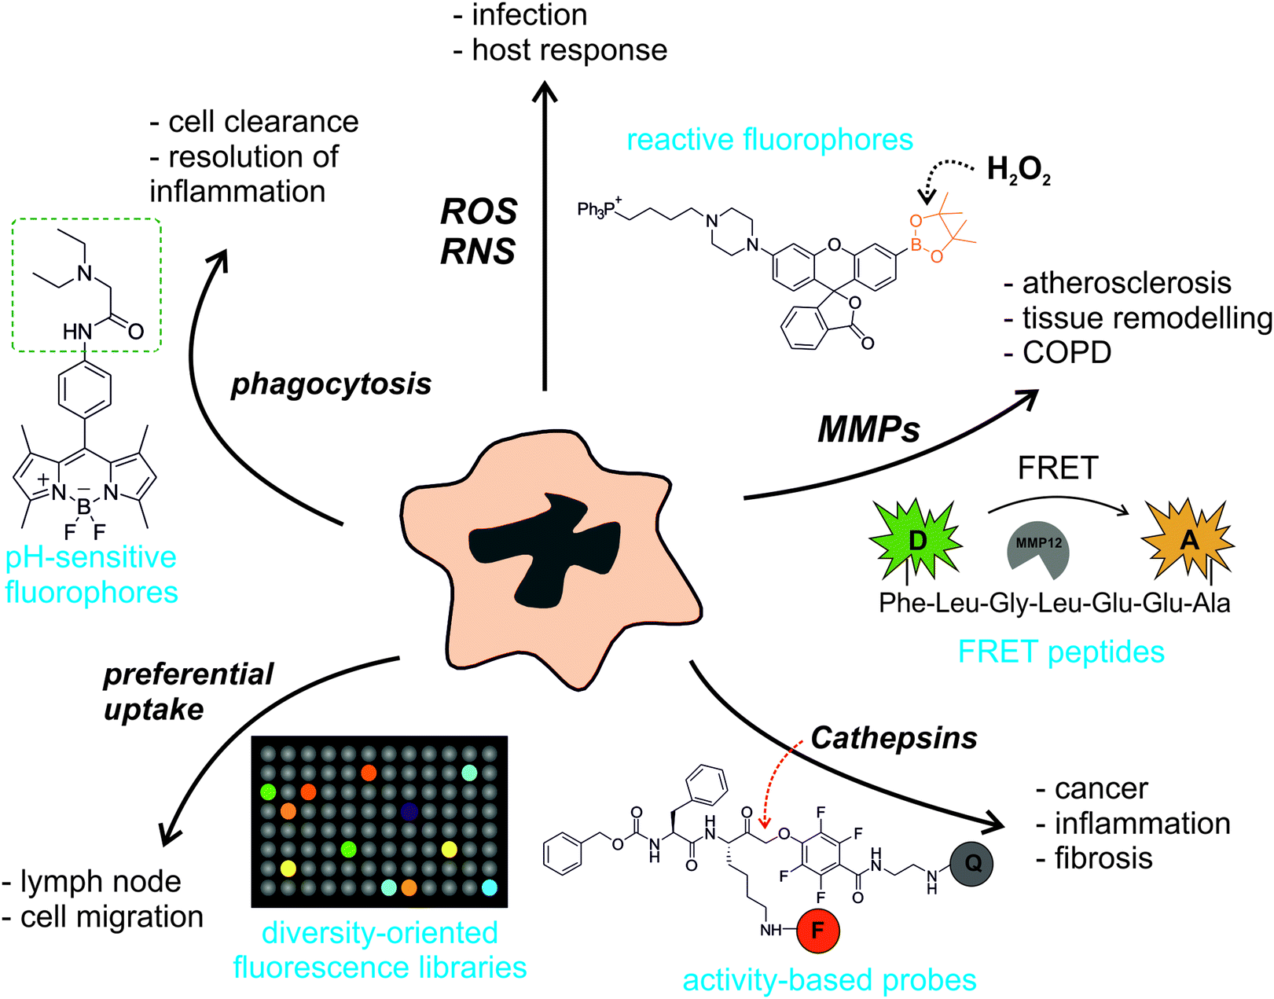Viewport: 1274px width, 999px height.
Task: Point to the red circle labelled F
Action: pyautogui.click(x=817, y=931)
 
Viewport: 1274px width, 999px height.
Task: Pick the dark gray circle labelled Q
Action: pyautogui.click(x=971, y=863)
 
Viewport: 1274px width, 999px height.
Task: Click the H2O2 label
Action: pyautogui.click(x=1018, y=170)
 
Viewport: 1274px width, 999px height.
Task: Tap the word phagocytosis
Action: pyautogui.click(x=331, y=384)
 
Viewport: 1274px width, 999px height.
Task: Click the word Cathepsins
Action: pyautogui.click(x=894, y=737)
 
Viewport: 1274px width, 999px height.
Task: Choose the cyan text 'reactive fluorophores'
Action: pyautogui.click(x=769, y=139)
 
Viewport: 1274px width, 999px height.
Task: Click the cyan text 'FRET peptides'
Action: pyautogui.click(x=1060, y=652)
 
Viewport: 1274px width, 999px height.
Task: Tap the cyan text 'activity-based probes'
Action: pyautogui.click(x=829, y=979)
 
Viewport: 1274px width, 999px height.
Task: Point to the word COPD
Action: pyautogui.click(x=1067, y=352)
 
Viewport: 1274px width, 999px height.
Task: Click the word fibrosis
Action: pyautogui.click(x=1103, y=858)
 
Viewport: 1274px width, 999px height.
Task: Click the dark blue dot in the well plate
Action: pyautogui.click(x=408, y=810)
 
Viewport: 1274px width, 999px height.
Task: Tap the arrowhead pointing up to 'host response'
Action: pyautogui.click(x=545, y=92)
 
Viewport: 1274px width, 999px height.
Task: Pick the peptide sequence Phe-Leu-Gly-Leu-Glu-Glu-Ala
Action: pyautogui.click(x=1054, y=603)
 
